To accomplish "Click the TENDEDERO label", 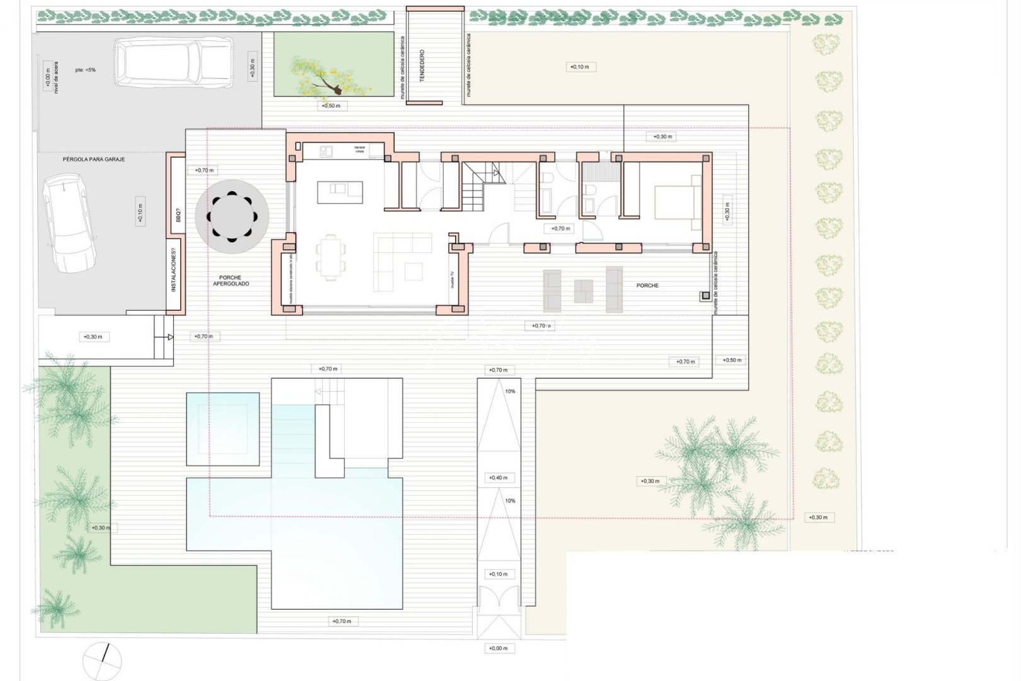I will point(422,66).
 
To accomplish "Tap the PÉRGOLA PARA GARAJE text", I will point(94,160).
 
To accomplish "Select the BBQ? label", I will point(178,215).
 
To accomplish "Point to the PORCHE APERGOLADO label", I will point(231,281).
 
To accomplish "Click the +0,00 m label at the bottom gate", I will point(498,648).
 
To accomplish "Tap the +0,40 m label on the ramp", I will point(498,478).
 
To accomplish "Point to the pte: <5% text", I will point(85,70).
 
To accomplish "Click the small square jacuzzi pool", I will point(223,429).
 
